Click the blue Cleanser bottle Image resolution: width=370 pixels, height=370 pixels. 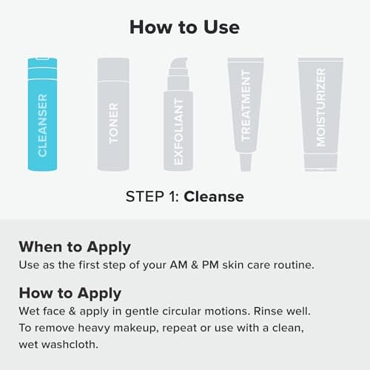(x=42, y=118)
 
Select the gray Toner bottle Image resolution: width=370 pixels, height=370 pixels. (x=113, y=118)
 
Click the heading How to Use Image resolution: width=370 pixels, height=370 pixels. (x=184, y=27)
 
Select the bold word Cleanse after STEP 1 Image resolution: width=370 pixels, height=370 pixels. (x=214, y=197)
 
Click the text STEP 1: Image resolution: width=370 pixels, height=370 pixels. (x=152, y=197)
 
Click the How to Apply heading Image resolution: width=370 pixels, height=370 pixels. (x=70, y=292)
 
